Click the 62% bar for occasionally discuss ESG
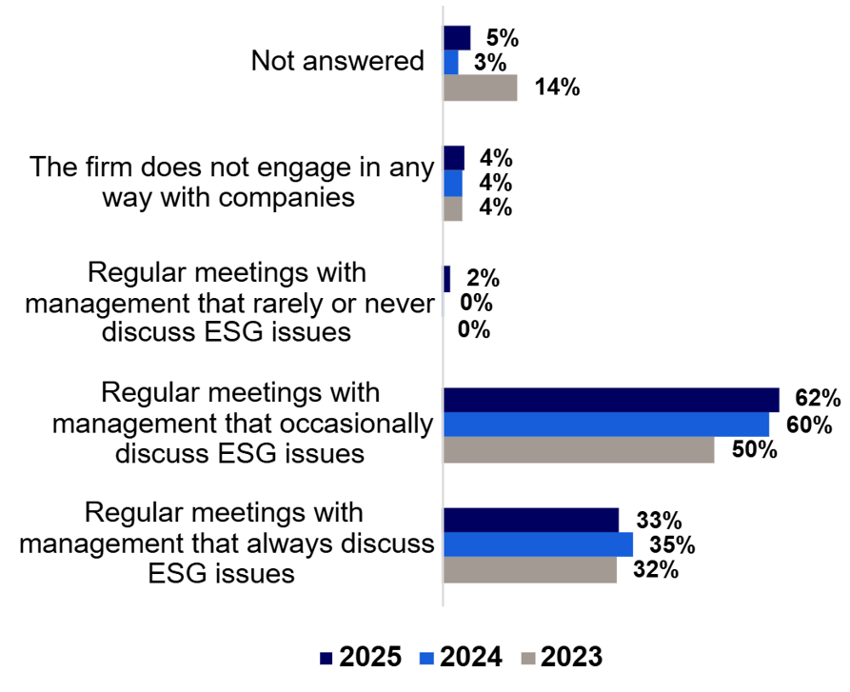click(x=611, y=400)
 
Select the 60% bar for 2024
click(x=606, y=425)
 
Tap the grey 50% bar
click(x=579, y=450)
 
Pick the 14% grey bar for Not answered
click(x=481, y=88)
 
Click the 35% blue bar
click(x=538, y=544)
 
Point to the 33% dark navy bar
click(x=531, y=520)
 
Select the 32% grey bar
click(x=530, y=570)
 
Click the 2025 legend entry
click(x=362, y=657)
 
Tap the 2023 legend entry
click(x=562, y=657)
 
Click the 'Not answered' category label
click(x=337, y=62)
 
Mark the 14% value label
click(x=556, y=88)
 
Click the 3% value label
click(x=486, y=63)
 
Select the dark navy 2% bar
click(x=447, y=279)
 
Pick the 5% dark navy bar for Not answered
click(x=457, y=38)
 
